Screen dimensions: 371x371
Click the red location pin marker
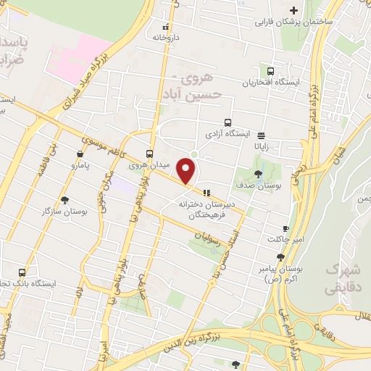(188, 170)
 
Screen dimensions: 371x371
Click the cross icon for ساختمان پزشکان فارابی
(293, 10)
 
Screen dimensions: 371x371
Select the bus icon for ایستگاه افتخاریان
(270, 72)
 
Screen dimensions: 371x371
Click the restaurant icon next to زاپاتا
(261, 134)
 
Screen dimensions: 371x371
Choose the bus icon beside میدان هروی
(150, 154)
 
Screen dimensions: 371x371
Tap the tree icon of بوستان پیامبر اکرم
(280, 257)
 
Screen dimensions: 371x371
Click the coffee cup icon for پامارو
(79, 154)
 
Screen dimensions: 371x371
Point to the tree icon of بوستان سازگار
(65, 200)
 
